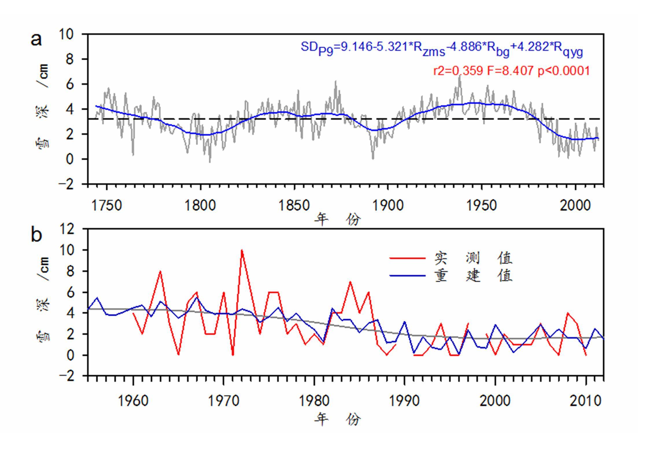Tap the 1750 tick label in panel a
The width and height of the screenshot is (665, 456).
[x=106, y=206]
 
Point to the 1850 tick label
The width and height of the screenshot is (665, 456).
[x=294, y=206]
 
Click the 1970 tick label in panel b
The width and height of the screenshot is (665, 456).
[x=223, y=401]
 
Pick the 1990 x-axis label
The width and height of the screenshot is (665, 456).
[x=404, y=401]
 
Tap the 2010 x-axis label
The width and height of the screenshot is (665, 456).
[x=585, y=401]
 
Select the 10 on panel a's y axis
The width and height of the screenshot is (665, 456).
[x=66, y=34]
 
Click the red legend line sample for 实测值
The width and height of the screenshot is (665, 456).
[x=407, y=258]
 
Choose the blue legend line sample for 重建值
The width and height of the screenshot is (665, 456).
[x=407, y=276]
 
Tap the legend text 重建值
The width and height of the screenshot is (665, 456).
[x=473, y=276]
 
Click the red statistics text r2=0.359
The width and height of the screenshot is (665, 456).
[x=458, y=71]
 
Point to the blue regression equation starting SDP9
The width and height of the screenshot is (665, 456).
[x=442, y=49]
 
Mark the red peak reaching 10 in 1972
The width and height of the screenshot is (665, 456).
[x=242, y=250]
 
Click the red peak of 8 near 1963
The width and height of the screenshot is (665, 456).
[x=160, y=271]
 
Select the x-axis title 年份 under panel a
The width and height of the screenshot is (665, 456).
[x=337, y=219]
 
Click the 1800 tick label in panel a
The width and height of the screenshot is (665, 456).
[x=200, y=206]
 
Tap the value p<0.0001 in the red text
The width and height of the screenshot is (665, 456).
[x=564, y=71]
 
